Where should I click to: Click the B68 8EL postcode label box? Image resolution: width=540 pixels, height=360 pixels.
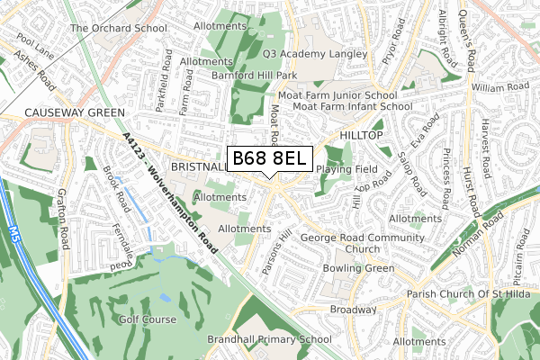point(270,159)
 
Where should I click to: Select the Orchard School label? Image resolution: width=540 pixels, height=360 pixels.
point(119,28)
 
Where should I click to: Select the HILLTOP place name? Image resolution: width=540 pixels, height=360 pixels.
point(362,134)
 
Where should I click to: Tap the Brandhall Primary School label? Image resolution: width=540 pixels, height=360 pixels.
point(256,340)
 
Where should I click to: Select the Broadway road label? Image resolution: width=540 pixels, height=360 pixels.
point(352,309)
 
